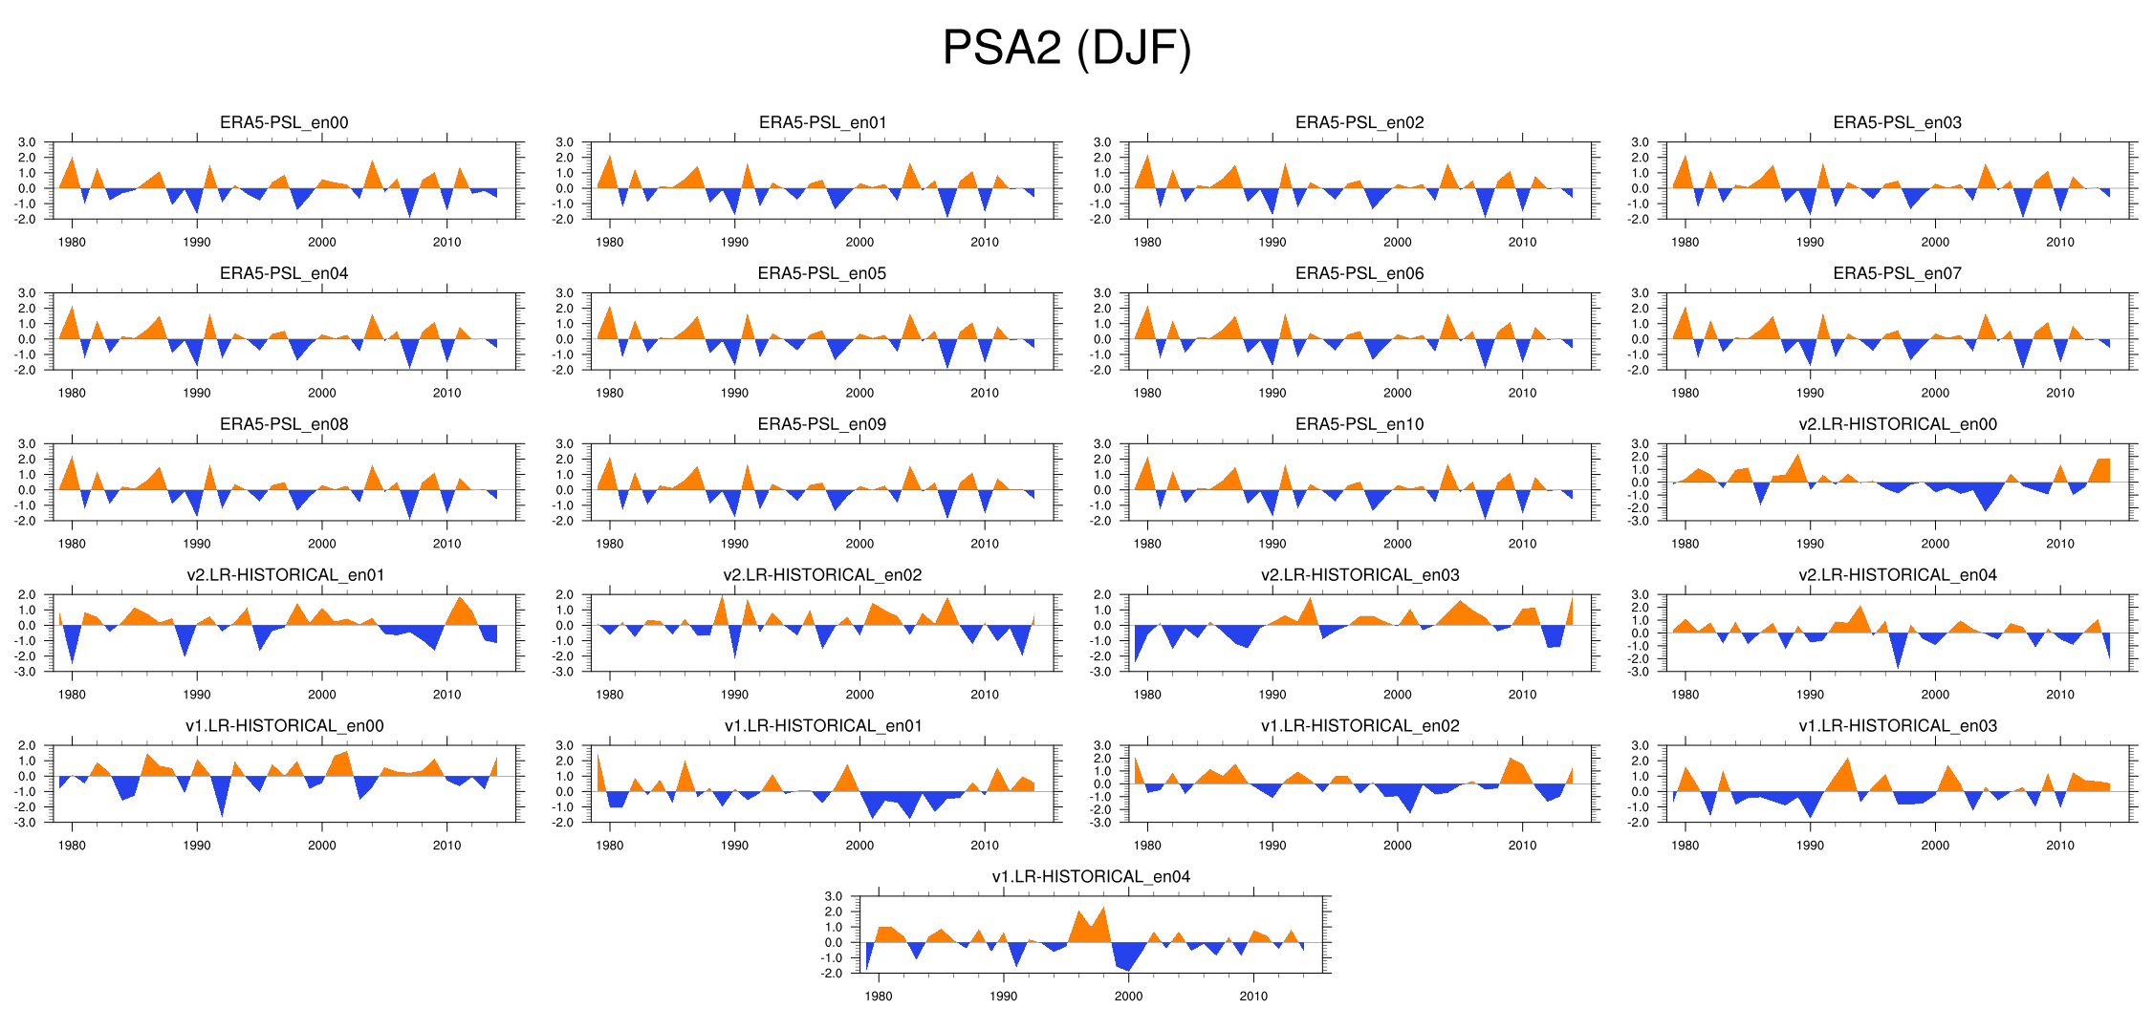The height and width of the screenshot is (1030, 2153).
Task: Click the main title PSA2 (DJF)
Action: click(1067, 48)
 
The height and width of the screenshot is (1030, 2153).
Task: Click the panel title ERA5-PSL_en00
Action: click(284, 122)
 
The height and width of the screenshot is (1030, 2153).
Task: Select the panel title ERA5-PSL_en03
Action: click(1897, 122)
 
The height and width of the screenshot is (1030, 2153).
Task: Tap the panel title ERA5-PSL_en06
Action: click(1359, 273)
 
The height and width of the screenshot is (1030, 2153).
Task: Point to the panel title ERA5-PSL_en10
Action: click(1359, 424)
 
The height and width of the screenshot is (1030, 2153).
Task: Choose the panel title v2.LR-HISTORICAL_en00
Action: click(1897, 424)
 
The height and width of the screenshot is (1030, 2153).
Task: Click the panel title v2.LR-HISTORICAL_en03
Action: click(1359, 575)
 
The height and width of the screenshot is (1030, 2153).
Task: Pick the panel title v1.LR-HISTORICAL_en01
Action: click(822, 726)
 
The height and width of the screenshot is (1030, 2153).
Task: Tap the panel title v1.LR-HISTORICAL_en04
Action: click(1091, 877)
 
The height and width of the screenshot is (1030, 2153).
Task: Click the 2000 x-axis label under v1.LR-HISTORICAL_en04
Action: click(1128, 996)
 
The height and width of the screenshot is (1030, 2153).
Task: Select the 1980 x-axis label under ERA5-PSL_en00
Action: click(72, 242)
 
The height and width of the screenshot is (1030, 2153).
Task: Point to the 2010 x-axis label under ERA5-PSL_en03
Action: click(2060, 242)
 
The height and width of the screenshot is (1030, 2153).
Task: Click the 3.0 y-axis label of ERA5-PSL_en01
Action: click(564, 142)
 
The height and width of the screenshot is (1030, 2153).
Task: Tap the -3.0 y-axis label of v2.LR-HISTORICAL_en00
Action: click(1640, 521)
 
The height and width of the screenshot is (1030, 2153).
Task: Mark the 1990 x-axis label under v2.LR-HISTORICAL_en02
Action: click(734, 695)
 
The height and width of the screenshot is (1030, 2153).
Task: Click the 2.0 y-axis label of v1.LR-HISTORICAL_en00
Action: click(27, 745)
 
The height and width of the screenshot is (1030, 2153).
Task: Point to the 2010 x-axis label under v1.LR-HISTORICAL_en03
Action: click(2060, 846)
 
